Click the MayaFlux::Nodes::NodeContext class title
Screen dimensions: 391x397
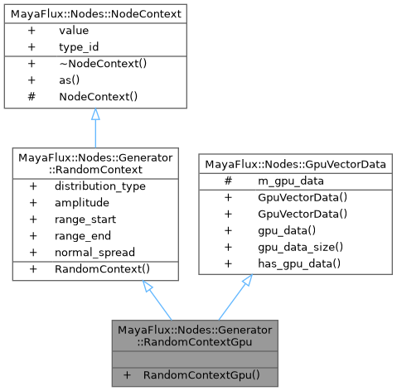94,14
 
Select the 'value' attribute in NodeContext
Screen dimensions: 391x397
74,31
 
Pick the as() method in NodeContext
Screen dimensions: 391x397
70,80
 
